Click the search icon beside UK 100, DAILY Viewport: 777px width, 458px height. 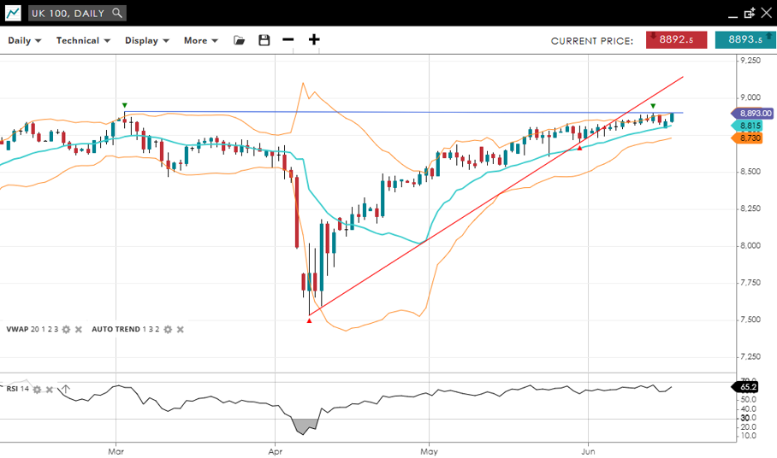tap(117, 13)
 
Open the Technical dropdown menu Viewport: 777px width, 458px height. tap(83, 40)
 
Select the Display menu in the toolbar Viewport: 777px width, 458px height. tap(146, 40)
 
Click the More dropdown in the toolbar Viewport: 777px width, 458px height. tap(200, 40)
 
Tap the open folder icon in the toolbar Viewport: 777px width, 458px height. tap(240, 40)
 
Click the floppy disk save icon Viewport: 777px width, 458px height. tap(264, 40)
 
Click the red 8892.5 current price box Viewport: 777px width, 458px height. tap(676, 39)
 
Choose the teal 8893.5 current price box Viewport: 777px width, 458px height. tap(745, 39)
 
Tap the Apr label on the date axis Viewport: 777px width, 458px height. tap(276, 449)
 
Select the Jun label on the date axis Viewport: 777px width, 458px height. tap(588, 449)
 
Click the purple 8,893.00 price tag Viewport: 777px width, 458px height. tap(754, 114)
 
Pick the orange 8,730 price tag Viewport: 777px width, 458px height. tap(750, 138)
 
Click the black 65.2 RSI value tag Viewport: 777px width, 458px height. tap(747, 387)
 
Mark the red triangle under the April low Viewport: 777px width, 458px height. tap(309, 320)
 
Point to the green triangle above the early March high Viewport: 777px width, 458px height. tap(125, 104)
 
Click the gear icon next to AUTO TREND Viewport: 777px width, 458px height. tap(168, 329)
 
